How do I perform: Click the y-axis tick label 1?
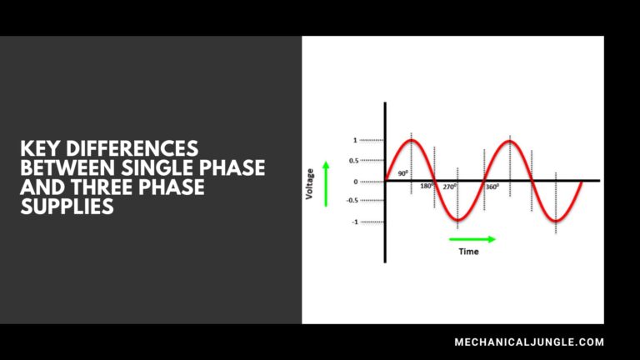(x=355, y=140)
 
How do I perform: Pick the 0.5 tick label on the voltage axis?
(x=352, y=160)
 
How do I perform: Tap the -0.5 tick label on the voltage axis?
(x=352, y=201)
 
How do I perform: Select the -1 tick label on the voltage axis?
(x=354, y=222)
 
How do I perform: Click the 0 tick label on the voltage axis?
(x=355, y=181)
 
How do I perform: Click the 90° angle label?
(x=402, y=173)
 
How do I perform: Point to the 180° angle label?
(x=426, y=187)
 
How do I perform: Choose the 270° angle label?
(x=449, y=187)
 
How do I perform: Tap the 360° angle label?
(x=492, y=187)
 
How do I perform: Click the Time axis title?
(x=469, y=252)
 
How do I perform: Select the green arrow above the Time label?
(x=472, y=239)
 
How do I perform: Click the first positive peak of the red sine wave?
(x=412, y=140)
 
